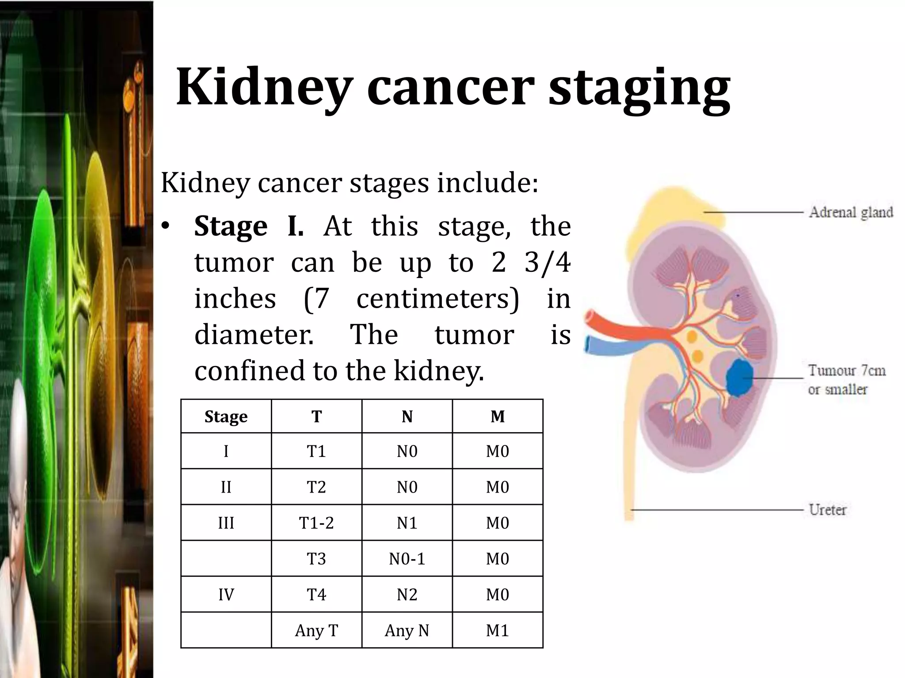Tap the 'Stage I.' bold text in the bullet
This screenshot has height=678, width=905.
(x=249, y=226)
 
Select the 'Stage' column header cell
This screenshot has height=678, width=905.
(x=226, y=416)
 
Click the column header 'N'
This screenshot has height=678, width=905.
(x=407, y=416)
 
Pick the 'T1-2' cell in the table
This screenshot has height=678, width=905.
(x=316, y=523)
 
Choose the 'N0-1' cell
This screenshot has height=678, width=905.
(x=407, y=559)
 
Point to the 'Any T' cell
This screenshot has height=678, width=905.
(x=316, y=630)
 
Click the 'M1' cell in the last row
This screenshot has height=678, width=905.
(x=497, y=630)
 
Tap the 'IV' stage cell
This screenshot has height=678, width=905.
(x=226, y=595)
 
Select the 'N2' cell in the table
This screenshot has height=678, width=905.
(x=407, y=595)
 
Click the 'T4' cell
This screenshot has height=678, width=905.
(x=316, y=595)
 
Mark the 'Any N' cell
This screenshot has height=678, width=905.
(x=407, y=630)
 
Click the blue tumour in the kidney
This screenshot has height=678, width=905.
(x=740, y=377)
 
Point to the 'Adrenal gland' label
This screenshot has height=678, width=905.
(x=851, y=212)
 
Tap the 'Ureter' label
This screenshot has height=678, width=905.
(x=827, y=510)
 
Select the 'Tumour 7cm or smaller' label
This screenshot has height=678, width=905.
(x=846, y=380)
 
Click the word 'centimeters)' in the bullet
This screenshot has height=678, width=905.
(x=437, y=299)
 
